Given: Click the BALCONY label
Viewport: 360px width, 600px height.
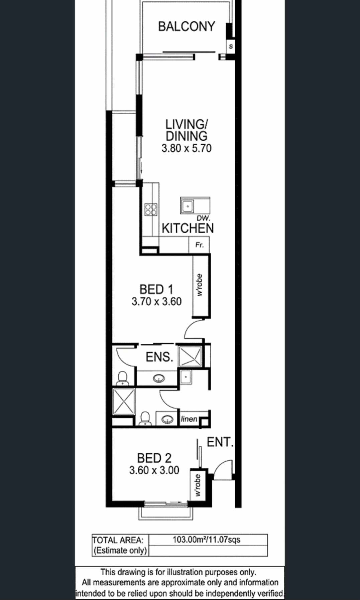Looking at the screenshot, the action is pyautogui.click(x=187, y=26).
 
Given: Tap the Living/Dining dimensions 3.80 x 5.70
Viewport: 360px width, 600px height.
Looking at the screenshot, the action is pyautogui.click(x=187, y=148).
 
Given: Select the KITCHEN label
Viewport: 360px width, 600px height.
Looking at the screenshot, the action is pyautogui.click(x=188, y=228).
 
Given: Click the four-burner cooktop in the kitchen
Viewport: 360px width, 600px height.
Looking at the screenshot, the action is pyautogui.click(x=151, y=209).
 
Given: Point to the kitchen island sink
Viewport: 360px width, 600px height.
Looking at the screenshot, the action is pyautogui.click(x=188, y=206).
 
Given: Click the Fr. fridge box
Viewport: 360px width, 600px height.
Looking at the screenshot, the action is pyautogui.click(x=199, y=245).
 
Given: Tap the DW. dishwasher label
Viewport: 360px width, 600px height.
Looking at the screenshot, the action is pyautogui.click(x=203, y=218).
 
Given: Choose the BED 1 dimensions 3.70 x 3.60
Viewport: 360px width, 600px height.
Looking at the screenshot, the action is pyautogui.click(x=156, y=301).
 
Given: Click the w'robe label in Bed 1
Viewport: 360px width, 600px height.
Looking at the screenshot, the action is pyautogui.click(x=200, y=285).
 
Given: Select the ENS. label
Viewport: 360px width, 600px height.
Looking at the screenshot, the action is pyautogui.click(x=159, y=357).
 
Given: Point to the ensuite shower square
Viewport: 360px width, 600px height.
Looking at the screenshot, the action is pyautogui.click(x=190, y=357).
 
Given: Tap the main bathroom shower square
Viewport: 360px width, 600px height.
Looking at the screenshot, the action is pyautogui.click(x=124, y=401).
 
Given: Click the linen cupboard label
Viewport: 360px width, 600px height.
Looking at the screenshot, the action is pyautogui.click(x=189, y=419).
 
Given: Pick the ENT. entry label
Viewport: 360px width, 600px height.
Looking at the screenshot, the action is pyautogui.click(x=220, y=442).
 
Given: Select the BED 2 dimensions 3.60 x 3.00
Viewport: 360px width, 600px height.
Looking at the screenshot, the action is pyautogui.click(x=154, y=470).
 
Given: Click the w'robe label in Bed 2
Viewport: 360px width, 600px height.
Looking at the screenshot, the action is pyautogui.click(x=198, y=485).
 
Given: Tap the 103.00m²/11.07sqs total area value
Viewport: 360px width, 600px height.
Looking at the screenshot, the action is pyautogui.click(x=206, y=539).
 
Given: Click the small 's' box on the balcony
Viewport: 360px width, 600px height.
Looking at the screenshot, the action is pyautogui.click(x=231, y=46).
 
